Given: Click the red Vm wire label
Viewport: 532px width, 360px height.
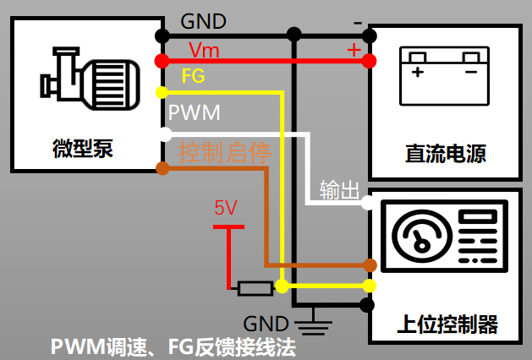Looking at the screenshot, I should (x=203, y=51).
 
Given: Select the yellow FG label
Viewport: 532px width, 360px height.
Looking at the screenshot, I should (x=193, y=76).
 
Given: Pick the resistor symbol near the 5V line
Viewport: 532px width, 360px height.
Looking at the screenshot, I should (x=255, y=288).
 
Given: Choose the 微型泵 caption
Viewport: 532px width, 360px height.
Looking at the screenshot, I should (x=83, y=150).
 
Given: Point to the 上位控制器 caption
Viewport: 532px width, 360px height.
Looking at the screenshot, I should (x=447, y=324).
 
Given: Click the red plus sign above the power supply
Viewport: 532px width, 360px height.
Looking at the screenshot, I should (x=354, y=49).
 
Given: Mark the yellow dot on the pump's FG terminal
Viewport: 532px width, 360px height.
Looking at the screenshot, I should (x=161, y=91).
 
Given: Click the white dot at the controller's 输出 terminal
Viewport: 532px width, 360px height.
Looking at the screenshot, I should (x=367, y=203).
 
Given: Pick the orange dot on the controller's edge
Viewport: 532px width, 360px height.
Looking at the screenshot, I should (x=368, y=265).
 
